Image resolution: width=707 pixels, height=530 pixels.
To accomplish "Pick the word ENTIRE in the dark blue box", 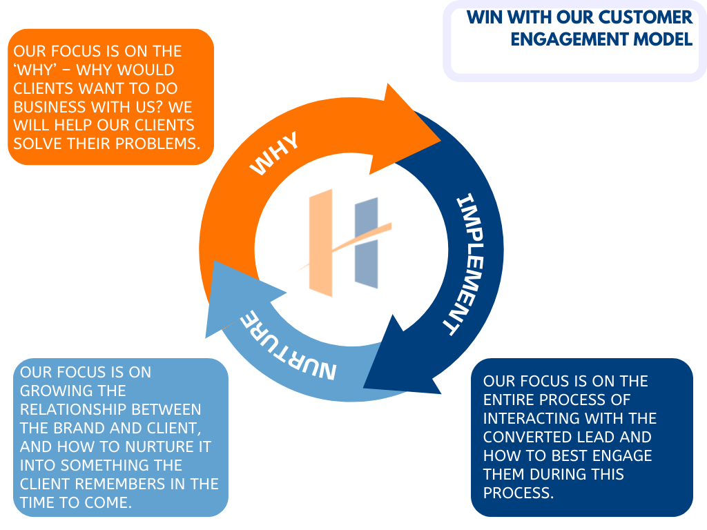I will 510,400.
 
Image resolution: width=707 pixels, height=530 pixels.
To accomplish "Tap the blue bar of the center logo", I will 367,242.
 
